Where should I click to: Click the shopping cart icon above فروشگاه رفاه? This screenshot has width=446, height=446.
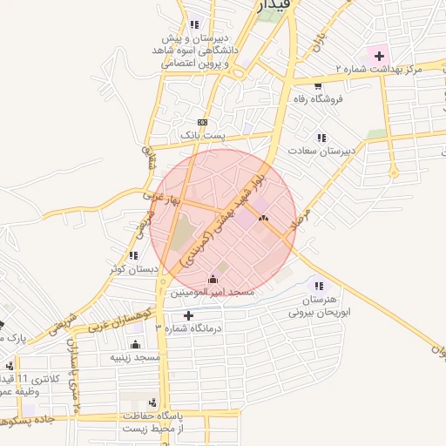318,85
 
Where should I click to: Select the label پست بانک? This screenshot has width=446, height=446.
202,136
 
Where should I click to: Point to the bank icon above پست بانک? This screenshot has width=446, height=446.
202,122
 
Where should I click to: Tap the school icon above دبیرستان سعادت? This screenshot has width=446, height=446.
322,138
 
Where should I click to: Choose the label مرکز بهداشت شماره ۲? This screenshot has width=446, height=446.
378,68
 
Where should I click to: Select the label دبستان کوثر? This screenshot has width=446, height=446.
134,268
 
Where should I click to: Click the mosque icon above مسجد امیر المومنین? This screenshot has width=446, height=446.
213,279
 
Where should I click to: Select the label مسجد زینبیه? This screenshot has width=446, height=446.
135,357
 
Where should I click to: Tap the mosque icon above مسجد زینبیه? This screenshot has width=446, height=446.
133,344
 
